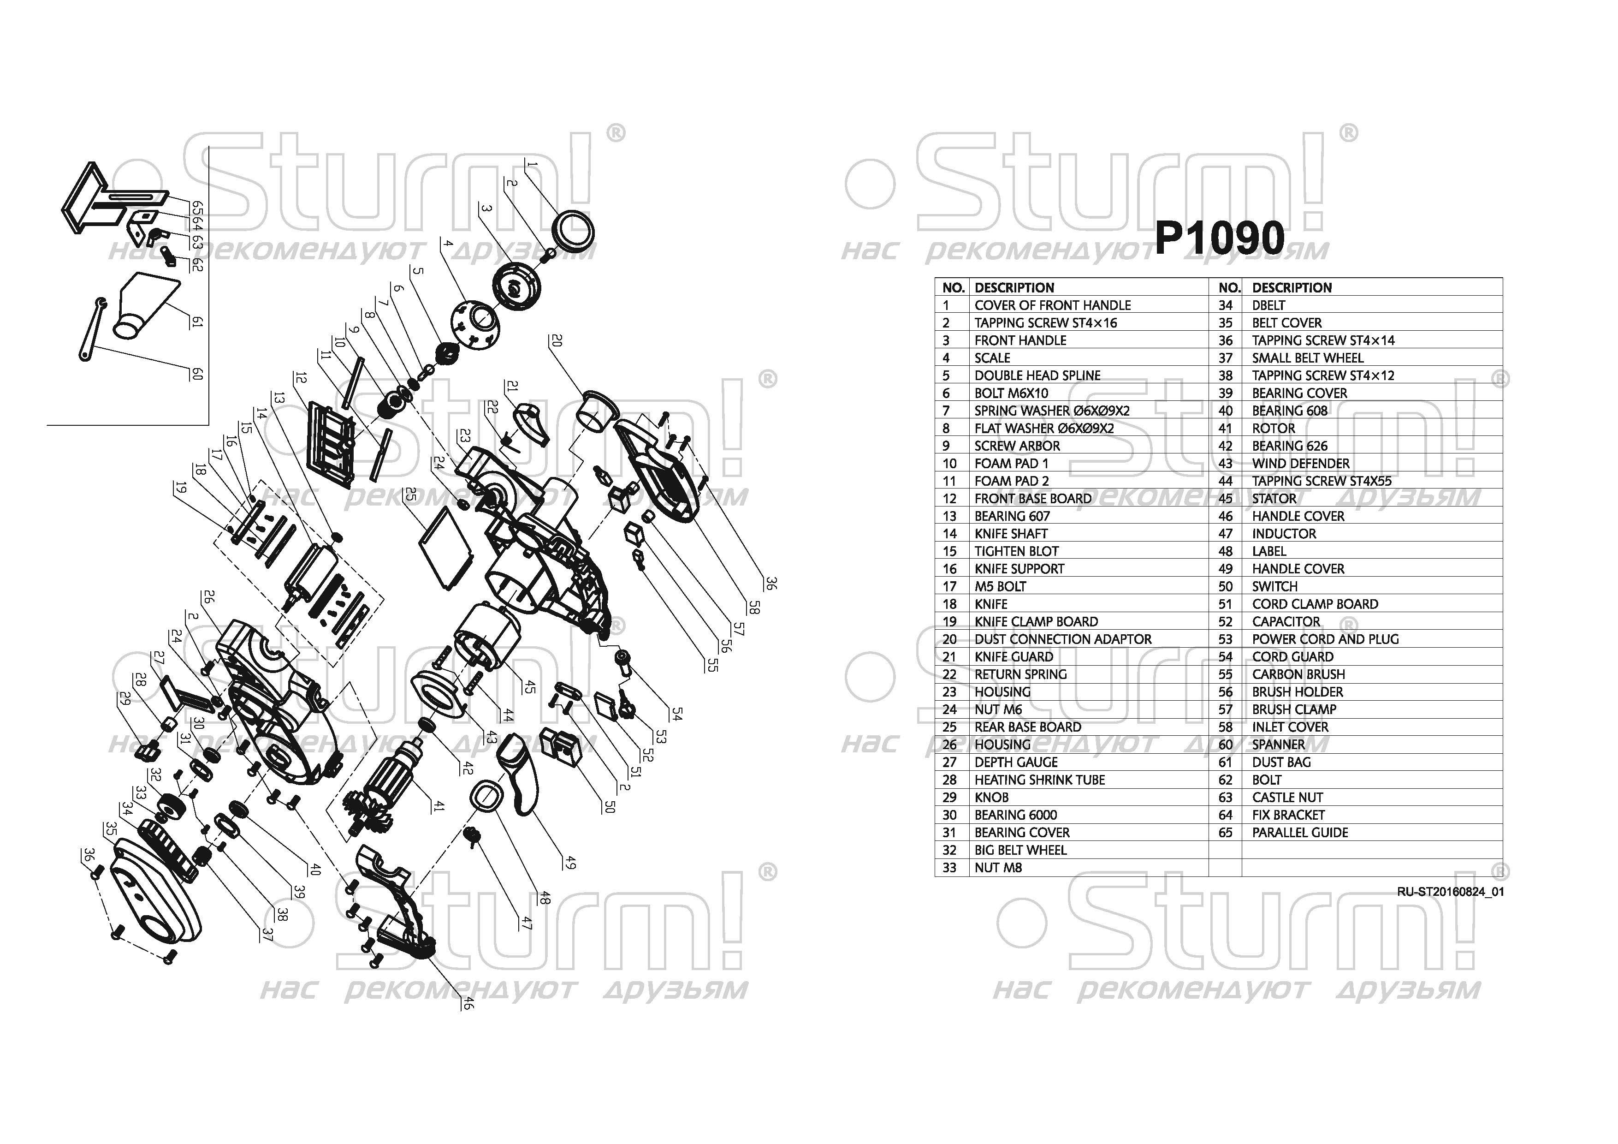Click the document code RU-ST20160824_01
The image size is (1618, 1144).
[x=1450, y=892]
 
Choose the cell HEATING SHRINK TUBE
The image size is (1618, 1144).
[x=1039, y=780]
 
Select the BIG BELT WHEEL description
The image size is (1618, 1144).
[x=1020, y=850]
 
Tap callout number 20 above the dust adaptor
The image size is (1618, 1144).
[x=557, y=340]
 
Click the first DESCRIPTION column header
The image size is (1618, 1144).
[x=1014, y=287]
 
